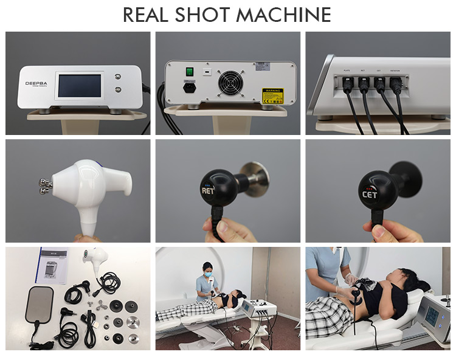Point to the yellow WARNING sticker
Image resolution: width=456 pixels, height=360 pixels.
272,96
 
